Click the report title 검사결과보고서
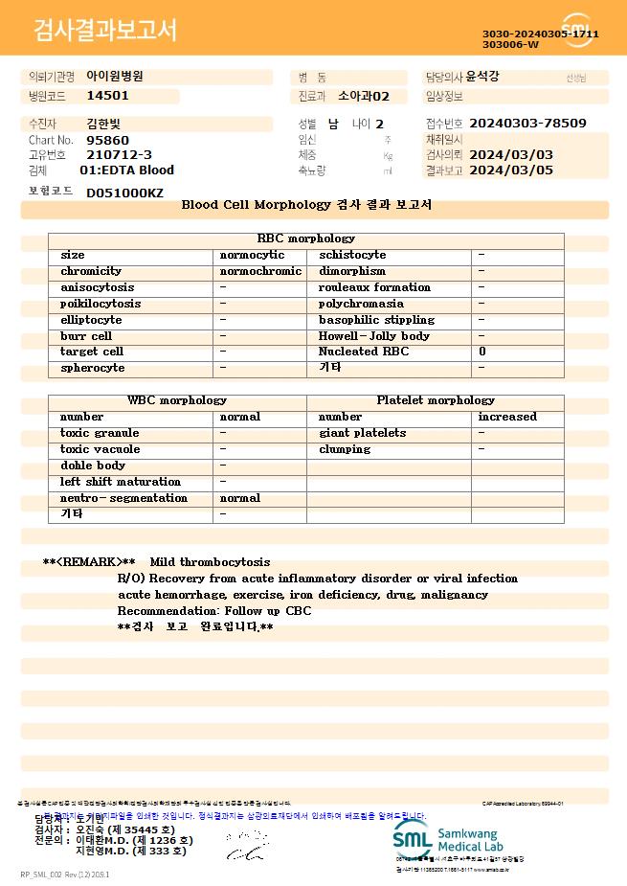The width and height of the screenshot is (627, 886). click(105, 31)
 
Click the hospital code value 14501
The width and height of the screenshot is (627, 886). click(107, 96)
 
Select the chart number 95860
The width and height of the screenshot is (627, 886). click(107, 140)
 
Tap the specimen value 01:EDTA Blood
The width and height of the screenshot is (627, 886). click(126, 170)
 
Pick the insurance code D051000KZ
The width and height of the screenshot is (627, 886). click(124, 193)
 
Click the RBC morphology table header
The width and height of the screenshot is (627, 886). click(305, 239)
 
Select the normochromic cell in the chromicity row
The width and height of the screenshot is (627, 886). click(260, 271)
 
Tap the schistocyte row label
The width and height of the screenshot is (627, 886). click(352, 255)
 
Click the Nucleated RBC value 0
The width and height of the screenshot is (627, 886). click(481, 352)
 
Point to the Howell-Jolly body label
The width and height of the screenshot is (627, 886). click(373, 336)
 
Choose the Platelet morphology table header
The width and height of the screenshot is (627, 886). click(436, 400)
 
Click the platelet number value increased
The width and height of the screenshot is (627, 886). click(507, 417)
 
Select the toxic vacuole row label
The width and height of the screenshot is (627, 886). click(100, 449)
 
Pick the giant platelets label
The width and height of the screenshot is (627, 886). click(362, 433)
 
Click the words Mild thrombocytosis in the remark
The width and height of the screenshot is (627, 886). click(210, 562)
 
